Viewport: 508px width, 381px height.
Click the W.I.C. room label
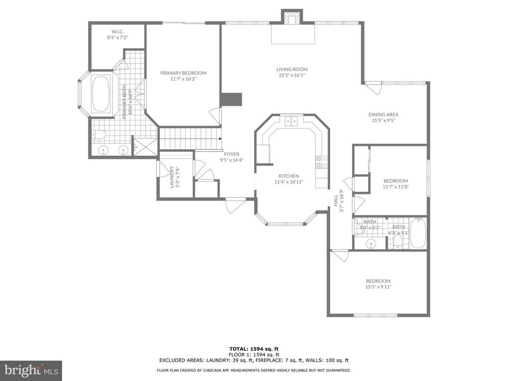point(118,31)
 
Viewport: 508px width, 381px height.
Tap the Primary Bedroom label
point(184,73)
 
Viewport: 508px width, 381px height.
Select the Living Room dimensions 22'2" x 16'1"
point(292,75)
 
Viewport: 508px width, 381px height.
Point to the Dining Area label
point(383,115)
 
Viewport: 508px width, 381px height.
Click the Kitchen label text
point(289,176)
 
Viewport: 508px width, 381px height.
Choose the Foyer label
point(232,154)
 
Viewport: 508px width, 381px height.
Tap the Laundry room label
point(172,177)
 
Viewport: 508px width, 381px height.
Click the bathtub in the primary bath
point(101,94)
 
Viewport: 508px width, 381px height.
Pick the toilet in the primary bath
point(99,134)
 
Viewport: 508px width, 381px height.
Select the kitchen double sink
point(291,121)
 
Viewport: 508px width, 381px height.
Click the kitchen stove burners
point(321,162)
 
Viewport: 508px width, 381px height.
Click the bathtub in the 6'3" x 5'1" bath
point(418,233)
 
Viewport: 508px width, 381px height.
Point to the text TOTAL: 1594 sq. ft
point(254,349)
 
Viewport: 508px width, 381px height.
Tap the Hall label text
point(336,200)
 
